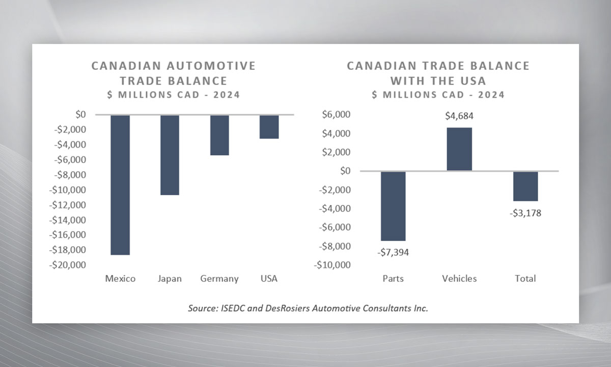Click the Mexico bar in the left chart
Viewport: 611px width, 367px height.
(x=120, y=185)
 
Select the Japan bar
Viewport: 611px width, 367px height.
(x=170, y=155)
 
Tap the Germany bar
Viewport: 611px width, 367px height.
(x=219, y=135)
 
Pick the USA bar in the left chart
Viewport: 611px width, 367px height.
(x=269, y=127)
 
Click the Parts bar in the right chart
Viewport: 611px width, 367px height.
(x=393, y=206)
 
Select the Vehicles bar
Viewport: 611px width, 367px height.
(x=459, y=149)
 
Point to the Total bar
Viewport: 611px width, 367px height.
(x=525, y=186)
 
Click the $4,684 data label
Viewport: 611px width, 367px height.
(x=459, y=116)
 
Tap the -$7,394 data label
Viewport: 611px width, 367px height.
(x=393, y=252)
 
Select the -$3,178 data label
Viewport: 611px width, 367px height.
(x=525, y=213)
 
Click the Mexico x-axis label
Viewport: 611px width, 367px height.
(x=120, y=279)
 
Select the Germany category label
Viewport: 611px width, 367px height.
(x=219, y=279)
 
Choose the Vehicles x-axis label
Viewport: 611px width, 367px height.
(x=459, y=279)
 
